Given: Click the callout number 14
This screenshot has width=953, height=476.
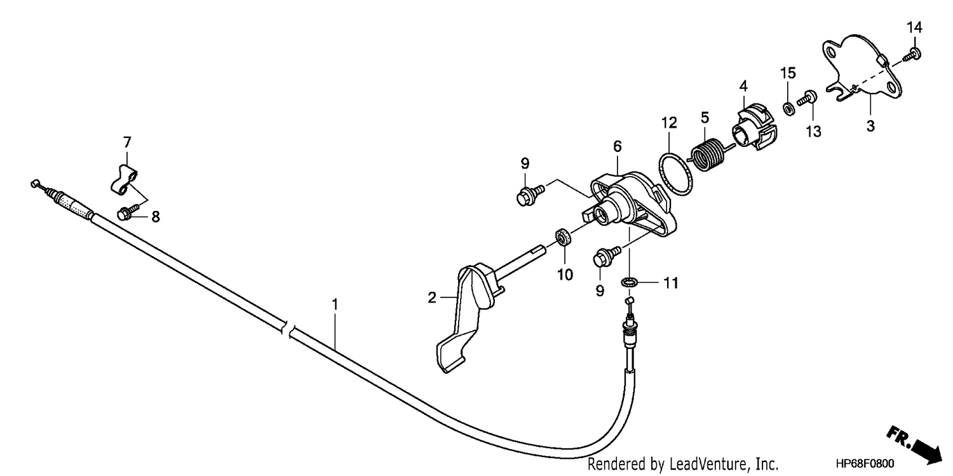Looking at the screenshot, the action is click(x=914, y=28).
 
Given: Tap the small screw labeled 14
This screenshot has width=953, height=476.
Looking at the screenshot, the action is click(x=913, y=55).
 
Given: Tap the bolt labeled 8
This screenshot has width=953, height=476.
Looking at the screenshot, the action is click(x=127, y=212).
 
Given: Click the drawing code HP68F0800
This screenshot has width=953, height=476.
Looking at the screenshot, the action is click(x=865, y=463).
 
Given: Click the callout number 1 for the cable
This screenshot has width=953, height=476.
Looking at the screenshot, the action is click(x=335, y=304).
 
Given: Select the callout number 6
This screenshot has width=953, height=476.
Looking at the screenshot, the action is click(x=618, y=146).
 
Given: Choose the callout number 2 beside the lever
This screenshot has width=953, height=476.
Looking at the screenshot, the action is click(x=432, y=297).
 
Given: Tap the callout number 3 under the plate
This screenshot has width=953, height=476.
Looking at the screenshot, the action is click(x=870, y=126).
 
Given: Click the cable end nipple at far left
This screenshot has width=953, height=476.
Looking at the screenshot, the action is click(x=35, y=183).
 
